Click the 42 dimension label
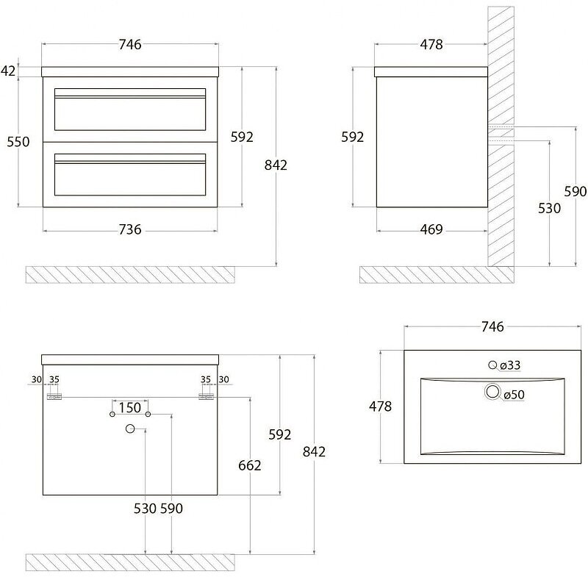9,71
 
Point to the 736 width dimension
129,229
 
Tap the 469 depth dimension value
431,229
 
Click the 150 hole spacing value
130,406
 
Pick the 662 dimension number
250,465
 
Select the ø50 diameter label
514,395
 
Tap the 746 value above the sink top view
493,326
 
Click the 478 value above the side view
431,44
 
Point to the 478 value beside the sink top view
380,406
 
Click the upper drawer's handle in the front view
130,95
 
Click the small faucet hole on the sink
493,365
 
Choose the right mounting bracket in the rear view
205,397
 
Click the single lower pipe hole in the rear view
130,429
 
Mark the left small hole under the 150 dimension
112,415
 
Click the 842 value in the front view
275,165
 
